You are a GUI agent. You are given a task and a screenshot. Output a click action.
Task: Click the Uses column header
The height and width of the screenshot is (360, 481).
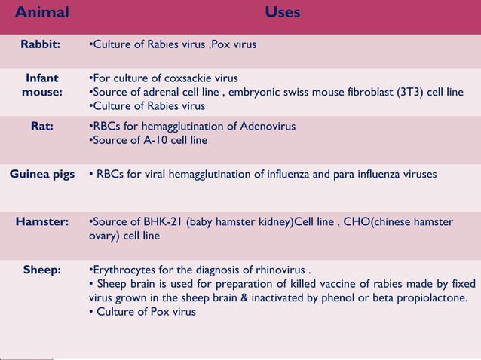tap(283, 12)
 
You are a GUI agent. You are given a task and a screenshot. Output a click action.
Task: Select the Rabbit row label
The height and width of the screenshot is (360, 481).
tap(41, 44)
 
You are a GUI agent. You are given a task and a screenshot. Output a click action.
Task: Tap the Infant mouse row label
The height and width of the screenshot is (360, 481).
tap(41, 85)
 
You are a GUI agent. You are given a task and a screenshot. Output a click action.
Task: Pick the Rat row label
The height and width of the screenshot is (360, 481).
tap(41, 126)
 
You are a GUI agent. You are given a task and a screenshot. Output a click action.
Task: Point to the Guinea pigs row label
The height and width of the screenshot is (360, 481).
tap(41, 175)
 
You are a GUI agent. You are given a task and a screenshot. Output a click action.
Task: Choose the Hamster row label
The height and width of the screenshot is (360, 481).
tap(41, 222)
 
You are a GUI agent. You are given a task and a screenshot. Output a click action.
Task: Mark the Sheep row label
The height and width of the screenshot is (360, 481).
tap(41, 270)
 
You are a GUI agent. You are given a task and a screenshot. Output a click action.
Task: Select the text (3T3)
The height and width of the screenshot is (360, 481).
tap(409, 93)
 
